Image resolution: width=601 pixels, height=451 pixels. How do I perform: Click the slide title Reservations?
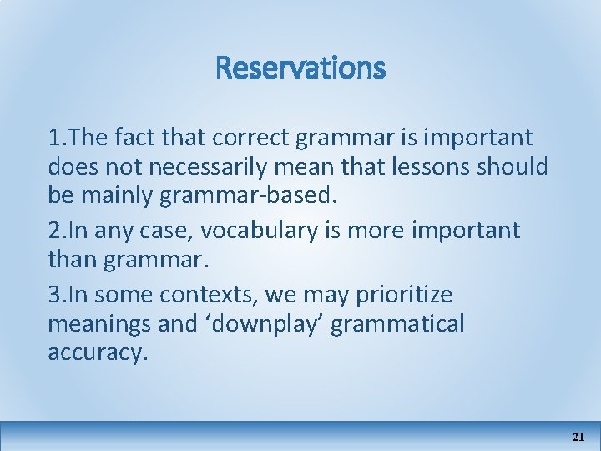click(300, 67)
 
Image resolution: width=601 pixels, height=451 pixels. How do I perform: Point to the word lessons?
click(428, 167)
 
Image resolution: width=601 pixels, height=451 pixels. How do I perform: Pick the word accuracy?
click(95, 352)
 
